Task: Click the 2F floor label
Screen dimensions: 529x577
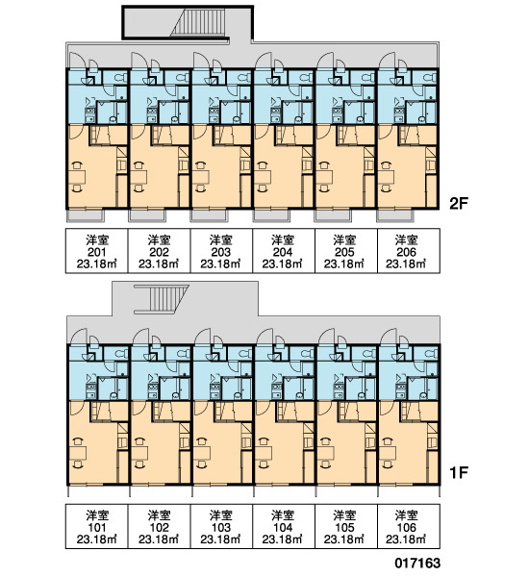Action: [x=459, y=203]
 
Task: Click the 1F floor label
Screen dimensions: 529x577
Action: [x=459, y=472]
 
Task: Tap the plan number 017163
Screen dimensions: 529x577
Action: [x=417, y=563]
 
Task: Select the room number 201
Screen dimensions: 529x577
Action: [x=97, y=252]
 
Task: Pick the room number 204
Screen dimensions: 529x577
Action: [x=283, y=252]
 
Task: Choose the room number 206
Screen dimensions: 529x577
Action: [x=407, y=252]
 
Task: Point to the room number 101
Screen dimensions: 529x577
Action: [x=97, y=527]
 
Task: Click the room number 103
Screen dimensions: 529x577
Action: [x=221, y=527]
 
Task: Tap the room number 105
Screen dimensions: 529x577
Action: [x=344, y=527]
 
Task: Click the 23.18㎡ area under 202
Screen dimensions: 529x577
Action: [x=159, y=263]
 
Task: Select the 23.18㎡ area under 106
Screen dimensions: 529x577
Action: [x=407, y=539]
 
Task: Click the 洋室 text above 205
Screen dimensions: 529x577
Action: [x=344, y=240]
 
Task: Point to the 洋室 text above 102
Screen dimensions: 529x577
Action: [x=159, y=515]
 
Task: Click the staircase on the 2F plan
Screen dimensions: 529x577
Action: [x=198, y=23]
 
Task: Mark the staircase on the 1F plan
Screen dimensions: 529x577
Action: [x=162, y=299]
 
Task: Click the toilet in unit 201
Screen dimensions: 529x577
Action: [x=119, y=78]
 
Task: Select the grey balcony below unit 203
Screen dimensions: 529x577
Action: [x=209, y=216]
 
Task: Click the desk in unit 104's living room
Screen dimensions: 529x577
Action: [x=264, y=452]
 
